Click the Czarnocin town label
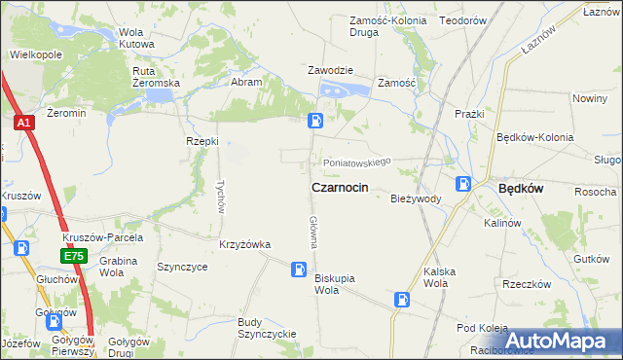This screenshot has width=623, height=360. point(339,187)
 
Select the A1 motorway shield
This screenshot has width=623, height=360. point(23,124)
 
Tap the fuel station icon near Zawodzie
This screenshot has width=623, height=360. point(316,121)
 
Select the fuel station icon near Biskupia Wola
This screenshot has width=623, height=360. point(299,268)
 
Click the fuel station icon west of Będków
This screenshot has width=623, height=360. point(465,183)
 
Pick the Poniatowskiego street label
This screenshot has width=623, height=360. point(357,162)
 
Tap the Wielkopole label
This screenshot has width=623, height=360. point(36,54)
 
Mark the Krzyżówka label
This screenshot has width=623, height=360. point(244,244)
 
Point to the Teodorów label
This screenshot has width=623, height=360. point(462,20)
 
